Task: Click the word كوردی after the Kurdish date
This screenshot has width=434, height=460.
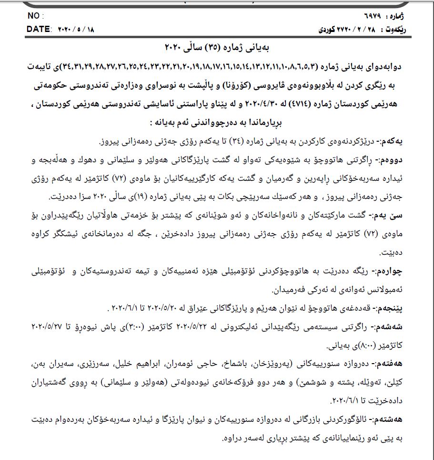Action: pos(328,30)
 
